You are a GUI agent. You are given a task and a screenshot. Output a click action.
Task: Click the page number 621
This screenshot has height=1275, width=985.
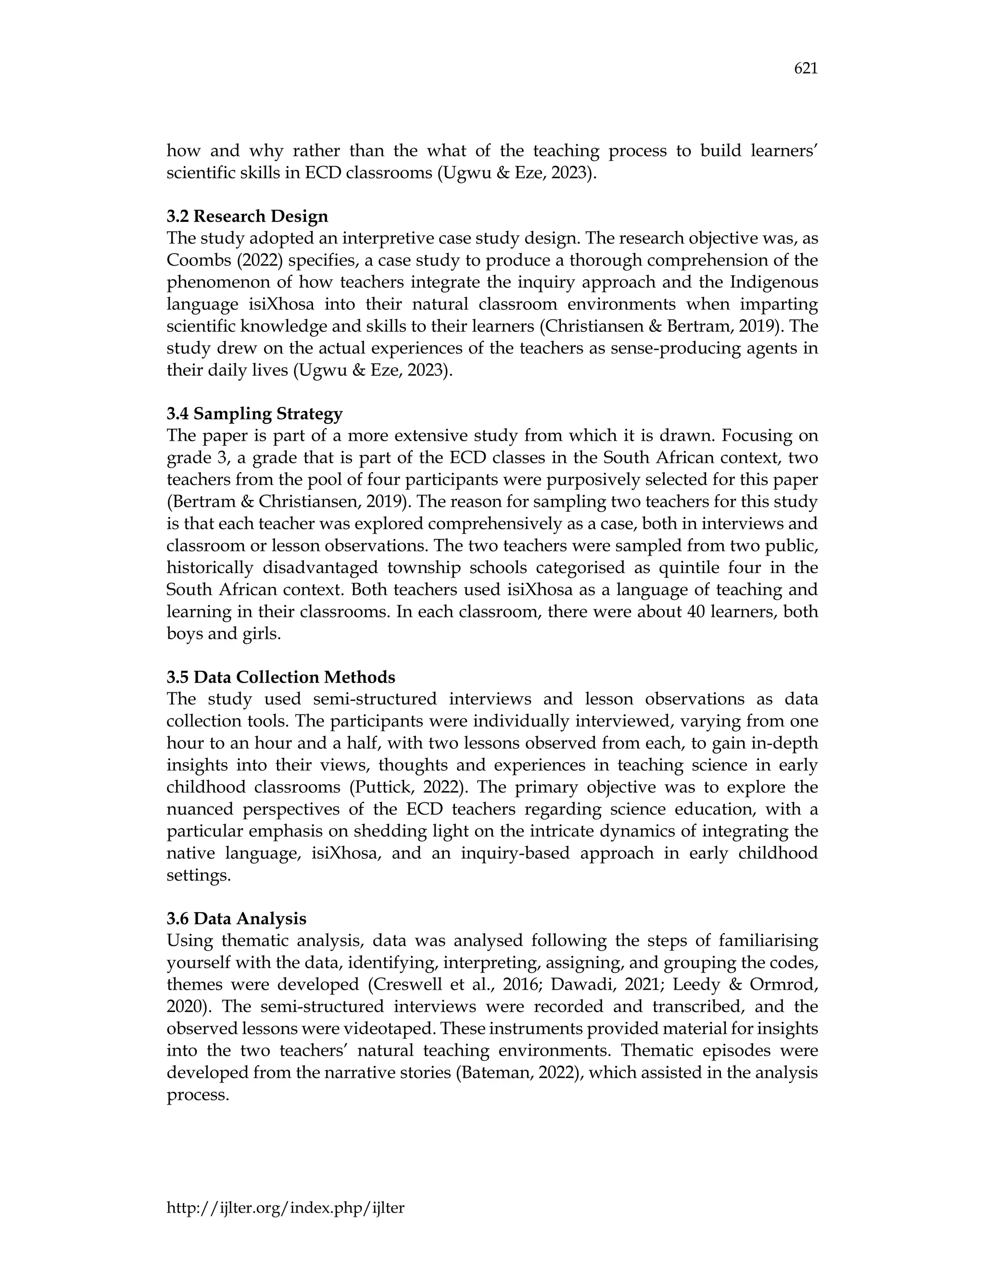[805, 69]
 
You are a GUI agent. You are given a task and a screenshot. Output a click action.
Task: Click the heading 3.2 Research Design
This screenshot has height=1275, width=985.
[247, 217]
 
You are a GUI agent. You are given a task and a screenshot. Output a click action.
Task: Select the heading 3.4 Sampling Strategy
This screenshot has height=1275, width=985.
[254, 414]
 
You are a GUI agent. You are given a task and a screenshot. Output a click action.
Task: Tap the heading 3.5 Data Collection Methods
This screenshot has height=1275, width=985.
[281, 677]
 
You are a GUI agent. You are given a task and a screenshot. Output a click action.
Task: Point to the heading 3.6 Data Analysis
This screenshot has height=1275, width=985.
[236, 919]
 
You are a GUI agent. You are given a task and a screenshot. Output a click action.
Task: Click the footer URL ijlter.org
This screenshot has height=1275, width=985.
[285, 1208]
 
